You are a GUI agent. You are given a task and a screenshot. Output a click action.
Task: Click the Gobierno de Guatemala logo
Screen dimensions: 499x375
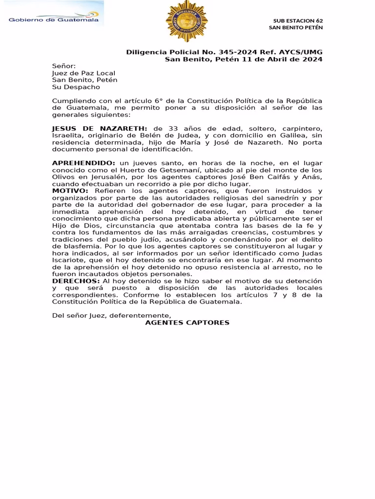click(x=54, y=19)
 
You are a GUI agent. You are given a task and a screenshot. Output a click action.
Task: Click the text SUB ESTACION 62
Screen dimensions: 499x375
click(x=298, y=20)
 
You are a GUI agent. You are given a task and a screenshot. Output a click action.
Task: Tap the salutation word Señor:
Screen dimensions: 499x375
click(x=64, y=66)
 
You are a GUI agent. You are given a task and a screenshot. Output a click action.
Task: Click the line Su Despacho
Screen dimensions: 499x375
click(x=76, y=87)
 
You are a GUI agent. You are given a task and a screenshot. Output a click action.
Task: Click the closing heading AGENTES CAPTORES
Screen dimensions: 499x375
click(x=187, y=323)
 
